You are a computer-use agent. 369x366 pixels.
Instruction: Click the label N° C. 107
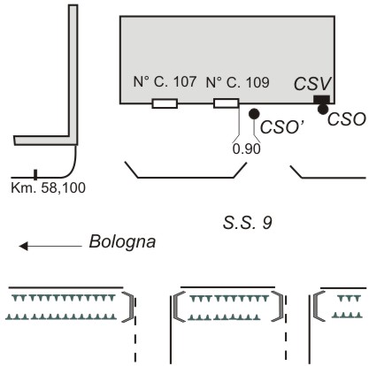click(165, 81)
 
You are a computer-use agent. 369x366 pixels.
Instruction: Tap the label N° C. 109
click(237, 82)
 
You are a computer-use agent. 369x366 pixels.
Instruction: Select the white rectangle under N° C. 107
click(165, 103)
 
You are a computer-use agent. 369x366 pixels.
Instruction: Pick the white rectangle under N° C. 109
click(226, 103)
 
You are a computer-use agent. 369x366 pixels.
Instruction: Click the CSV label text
click(312, 84)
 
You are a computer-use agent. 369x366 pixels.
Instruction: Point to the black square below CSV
click(321, 100)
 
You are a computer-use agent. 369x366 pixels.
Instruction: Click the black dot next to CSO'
click(254, 113)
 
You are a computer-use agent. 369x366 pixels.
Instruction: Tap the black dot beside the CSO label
click(323, 110)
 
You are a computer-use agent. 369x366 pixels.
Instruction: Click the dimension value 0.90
click(247, 149)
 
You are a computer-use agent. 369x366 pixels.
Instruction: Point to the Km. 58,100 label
click(48, 187)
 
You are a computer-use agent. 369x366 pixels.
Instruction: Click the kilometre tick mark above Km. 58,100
click(35, 175)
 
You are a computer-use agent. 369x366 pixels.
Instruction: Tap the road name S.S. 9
click(247, 223)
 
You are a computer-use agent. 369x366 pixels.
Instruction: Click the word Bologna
click(122, 242)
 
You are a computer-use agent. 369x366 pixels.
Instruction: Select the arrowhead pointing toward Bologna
click(23, 246)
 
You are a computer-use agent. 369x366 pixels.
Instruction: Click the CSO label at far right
click(347, 119)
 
